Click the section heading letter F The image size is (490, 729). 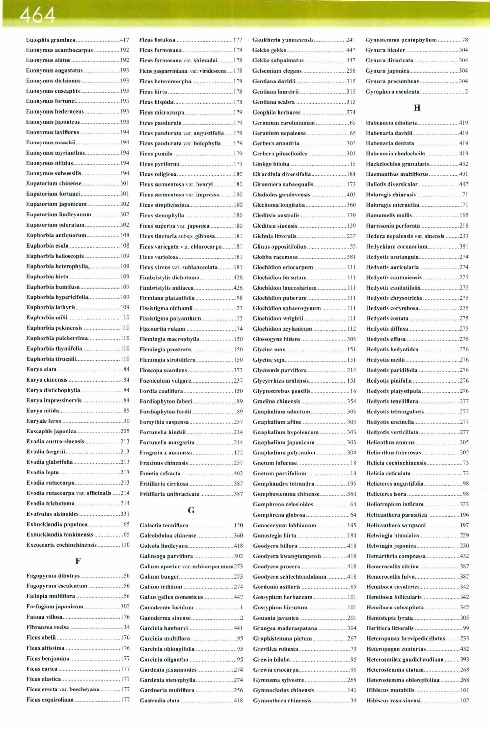click(x=78, y=561)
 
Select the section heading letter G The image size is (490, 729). click(x=191, y=510)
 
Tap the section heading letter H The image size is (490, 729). click(x=417, y=108)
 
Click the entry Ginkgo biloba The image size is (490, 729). click(x=271, y=164)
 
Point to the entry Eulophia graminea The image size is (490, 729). click(x=51, y=40)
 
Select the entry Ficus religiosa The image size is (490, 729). click(x=157, y=174)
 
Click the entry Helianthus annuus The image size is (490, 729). click(x=390, y=442)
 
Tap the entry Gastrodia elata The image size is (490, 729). click(x=159, y=701)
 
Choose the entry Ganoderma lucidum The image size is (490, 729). click(x=166, y=607)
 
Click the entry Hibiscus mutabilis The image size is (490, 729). click(x=390, y=690)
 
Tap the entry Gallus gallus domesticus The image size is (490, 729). click(x=171, y=597)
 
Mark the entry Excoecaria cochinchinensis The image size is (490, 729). click(x=61, y=545)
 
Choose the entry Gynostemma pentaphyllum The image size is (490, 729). click(x=401, y=40)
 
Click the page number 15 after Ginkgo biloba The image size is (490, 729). click(x=353, y=164)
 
